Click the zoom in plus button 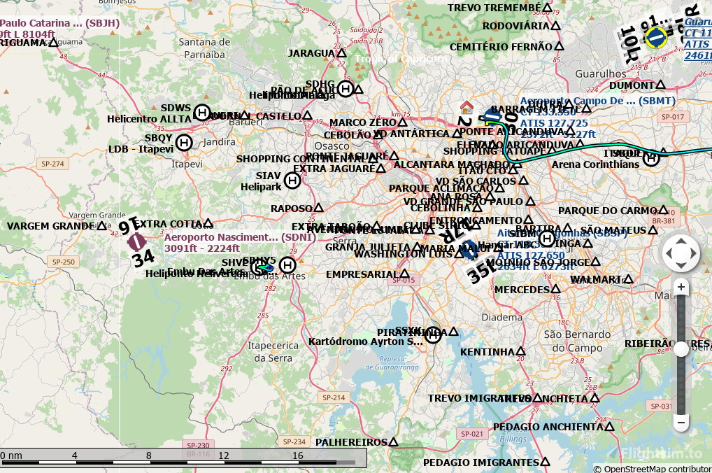[681, 287]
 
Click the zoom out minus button [681, 423]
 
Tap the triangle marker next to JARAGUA [342, 53]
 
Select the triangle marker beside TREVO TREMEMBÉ [548, 8]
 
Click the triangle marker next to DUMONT [641, 85]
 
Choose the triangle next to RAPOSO [318, 208]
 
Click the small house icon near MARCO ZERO [466, 107]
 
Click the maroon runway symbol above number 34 [136, 242]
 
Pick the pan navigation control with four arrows [681, 253]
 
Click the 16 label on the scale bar [297, 456]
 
